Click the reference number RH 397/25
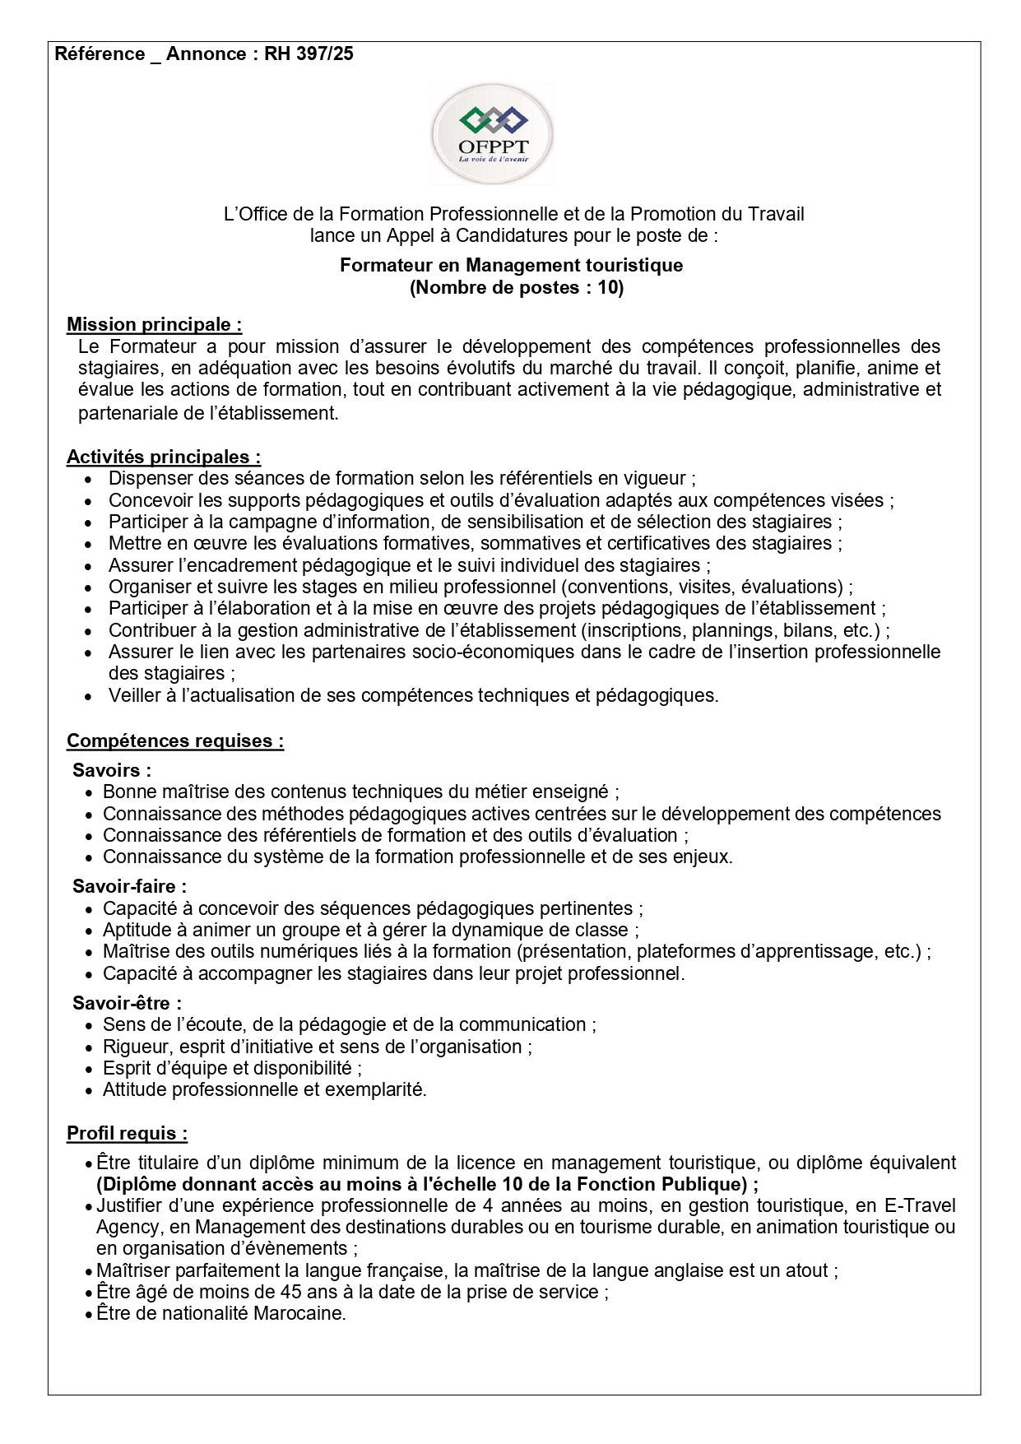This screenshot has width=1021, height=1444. pyautogui.click(x=309, y=54)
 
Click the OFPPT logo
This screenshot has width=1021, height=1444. pyautogui.click(x=492, y=134)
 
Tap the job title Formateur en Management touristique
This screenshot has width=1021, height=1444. pyautogui.click(x=511, y=265)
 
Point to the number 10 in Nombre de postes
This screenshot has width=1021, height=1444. pyautogui.click(x=608, y=287)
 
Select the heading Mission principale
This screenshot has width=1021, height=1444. pyautogui.click(x=154, y=324)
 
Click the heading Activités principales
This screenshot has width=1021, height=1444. pyautogui.click(x=163, y=457)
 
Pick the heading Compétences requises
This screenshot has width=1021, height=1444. pyautogui.click(x=174, y=741)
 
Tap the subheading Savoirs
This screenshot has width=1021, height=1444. pyautogui.click(x=111, y=770)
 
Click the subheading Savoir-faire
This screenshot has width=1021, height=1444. pyautogui.click(x=129, y=886)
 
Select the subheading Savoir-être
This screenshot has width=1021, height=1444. pyautogui.click(x=127, y=1003)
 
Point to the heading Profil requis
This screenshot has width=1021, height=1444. pyautogui.click(x=127, y=1133)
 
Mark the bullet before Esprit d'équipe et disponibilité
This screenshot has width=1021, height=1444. pyautogui.click(x=90, y=1069)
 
